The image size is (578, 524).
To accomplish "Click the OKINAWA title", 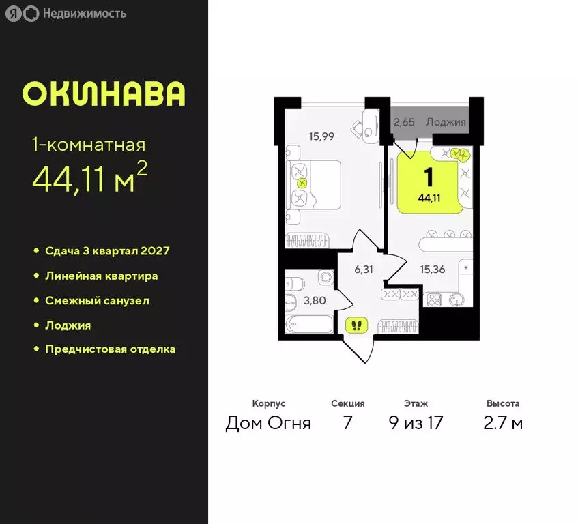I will pos(104,94).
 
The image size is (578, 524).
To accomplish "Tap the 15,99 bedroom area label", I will pos(321,136).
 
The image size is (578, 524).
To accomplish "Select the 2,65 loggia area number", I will pos(405,123).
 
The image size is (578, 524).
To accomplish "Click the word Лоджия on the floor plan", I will pos(446,123).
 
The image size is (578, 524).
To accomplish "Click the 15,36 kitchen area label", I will pos(433,270).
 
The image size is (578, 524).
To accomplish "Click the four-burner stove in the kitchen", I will pos(435,299).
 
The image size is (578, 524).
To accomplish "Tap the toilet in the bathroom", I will pos(323,277).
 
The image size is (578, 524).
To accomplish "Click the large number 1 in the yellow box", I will pos(429,177).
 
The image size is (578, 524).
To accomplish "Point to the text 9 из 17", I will pos(416,423).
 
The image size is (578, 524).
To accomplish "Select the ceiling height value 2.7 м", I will pos(503,423).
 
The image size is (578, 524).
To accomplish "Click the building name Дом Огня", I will pos(268,423).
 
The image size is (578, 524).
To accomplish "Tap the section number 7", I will pos(347,423).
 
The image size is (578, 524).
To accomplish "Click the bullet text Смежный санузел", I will pos(97,300).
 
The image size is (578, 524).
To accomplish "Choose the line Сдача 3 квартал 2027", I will pos(106,251).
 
